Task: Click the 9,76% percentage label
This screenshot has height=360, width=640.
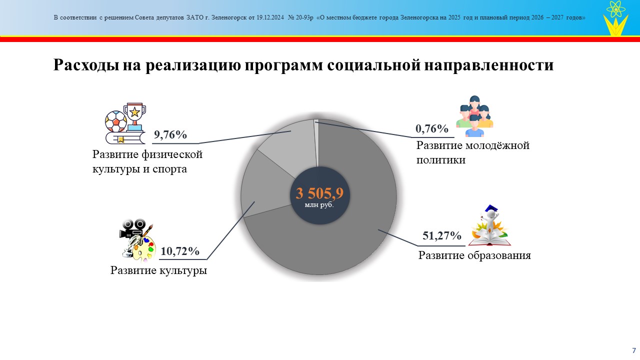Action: click(x=170, y=134)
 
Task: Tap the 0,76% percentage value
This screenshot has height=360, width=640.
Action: click(x=431, y=129)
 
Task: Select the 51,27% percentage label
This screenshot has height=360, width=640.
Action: click(x=441, y=235)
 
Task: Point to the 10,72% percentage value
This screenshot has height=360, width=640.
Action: click(x=179, y=251)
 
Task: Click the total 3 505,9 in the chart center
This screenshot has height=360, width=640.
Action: click(x=319, y=193)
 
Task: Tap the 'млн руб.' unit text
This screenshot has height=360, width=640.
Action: click(x=319, y=205)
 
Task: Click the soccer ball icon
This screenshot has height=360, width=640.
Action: click(x=115, y=121)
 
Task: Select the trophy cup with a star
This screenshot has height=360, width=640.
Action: click(x=134, y=116)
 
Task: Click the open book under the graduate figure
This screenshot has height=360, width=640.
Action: click(x=489, y=239)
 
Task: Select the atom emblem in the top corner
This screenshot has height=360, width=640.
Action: click(x=615, y=9)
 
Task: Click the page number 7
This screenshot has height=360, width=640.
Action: click(x=634, y=350)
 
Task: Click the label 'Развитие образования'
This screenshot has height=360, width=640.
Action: click(x=474, y=255)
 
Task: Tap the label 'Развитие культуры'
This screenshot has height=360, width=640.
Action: click(x=158, y=270)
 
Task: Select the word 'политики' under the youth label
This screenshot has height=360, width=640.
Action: click(x=441, y=159)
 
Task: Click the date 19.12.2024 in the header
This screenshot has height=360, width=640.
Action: click(x=270, y=17)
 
